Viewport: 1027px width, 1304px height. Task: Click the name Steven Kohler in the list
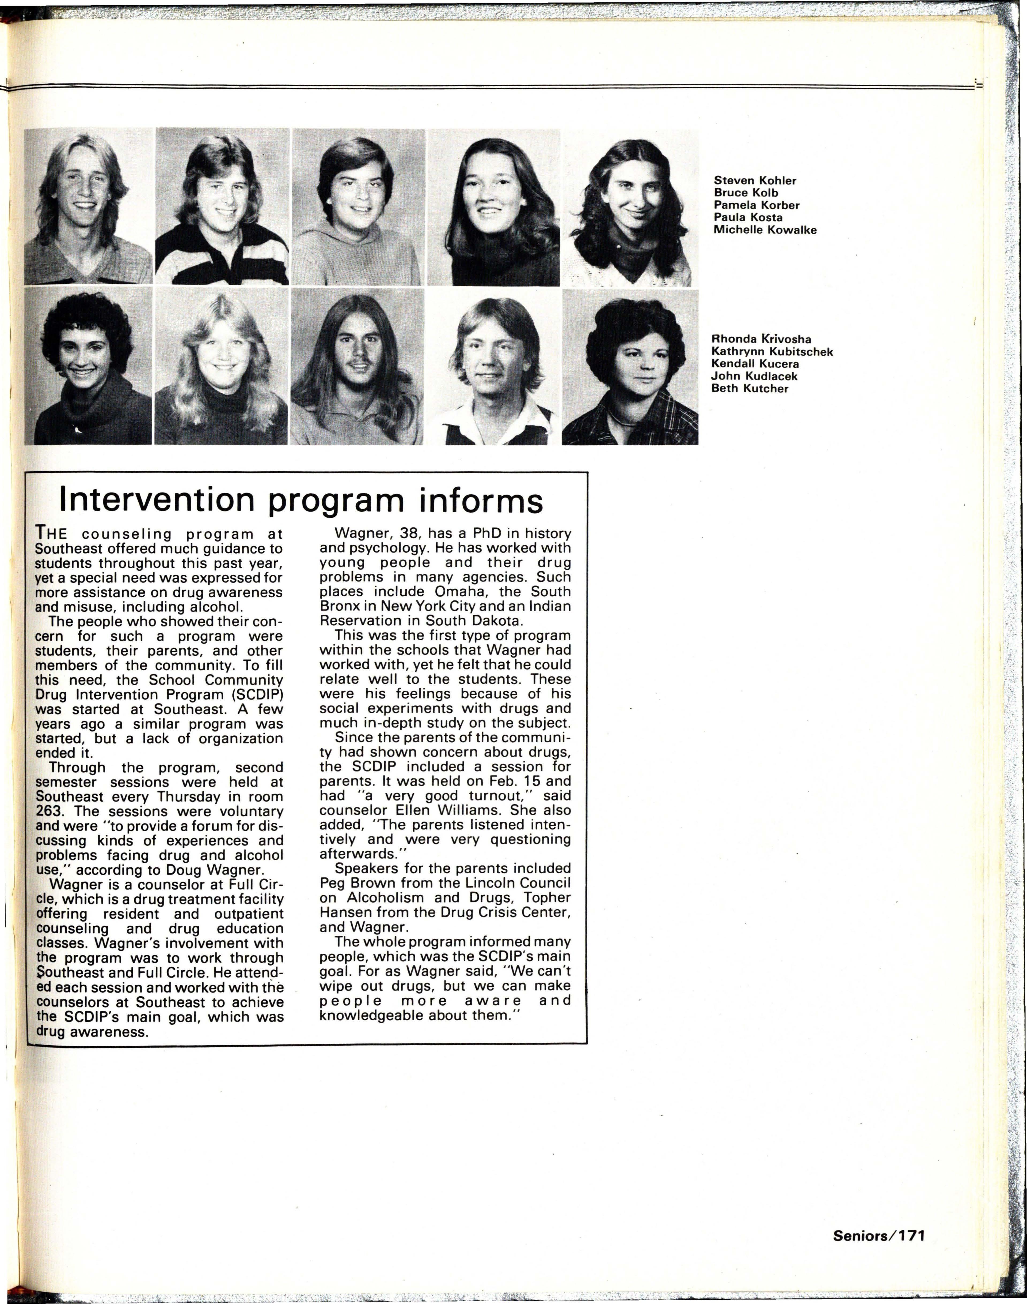[x=755, y=181]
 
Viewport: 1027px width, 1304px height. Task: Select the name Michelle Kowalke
[x=765, y=230]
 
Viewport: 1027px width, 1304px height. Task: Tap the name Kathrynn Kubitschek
[x=772, y=351]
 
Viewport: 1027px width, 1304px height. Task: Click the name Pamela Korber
[x=756, y=205]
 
